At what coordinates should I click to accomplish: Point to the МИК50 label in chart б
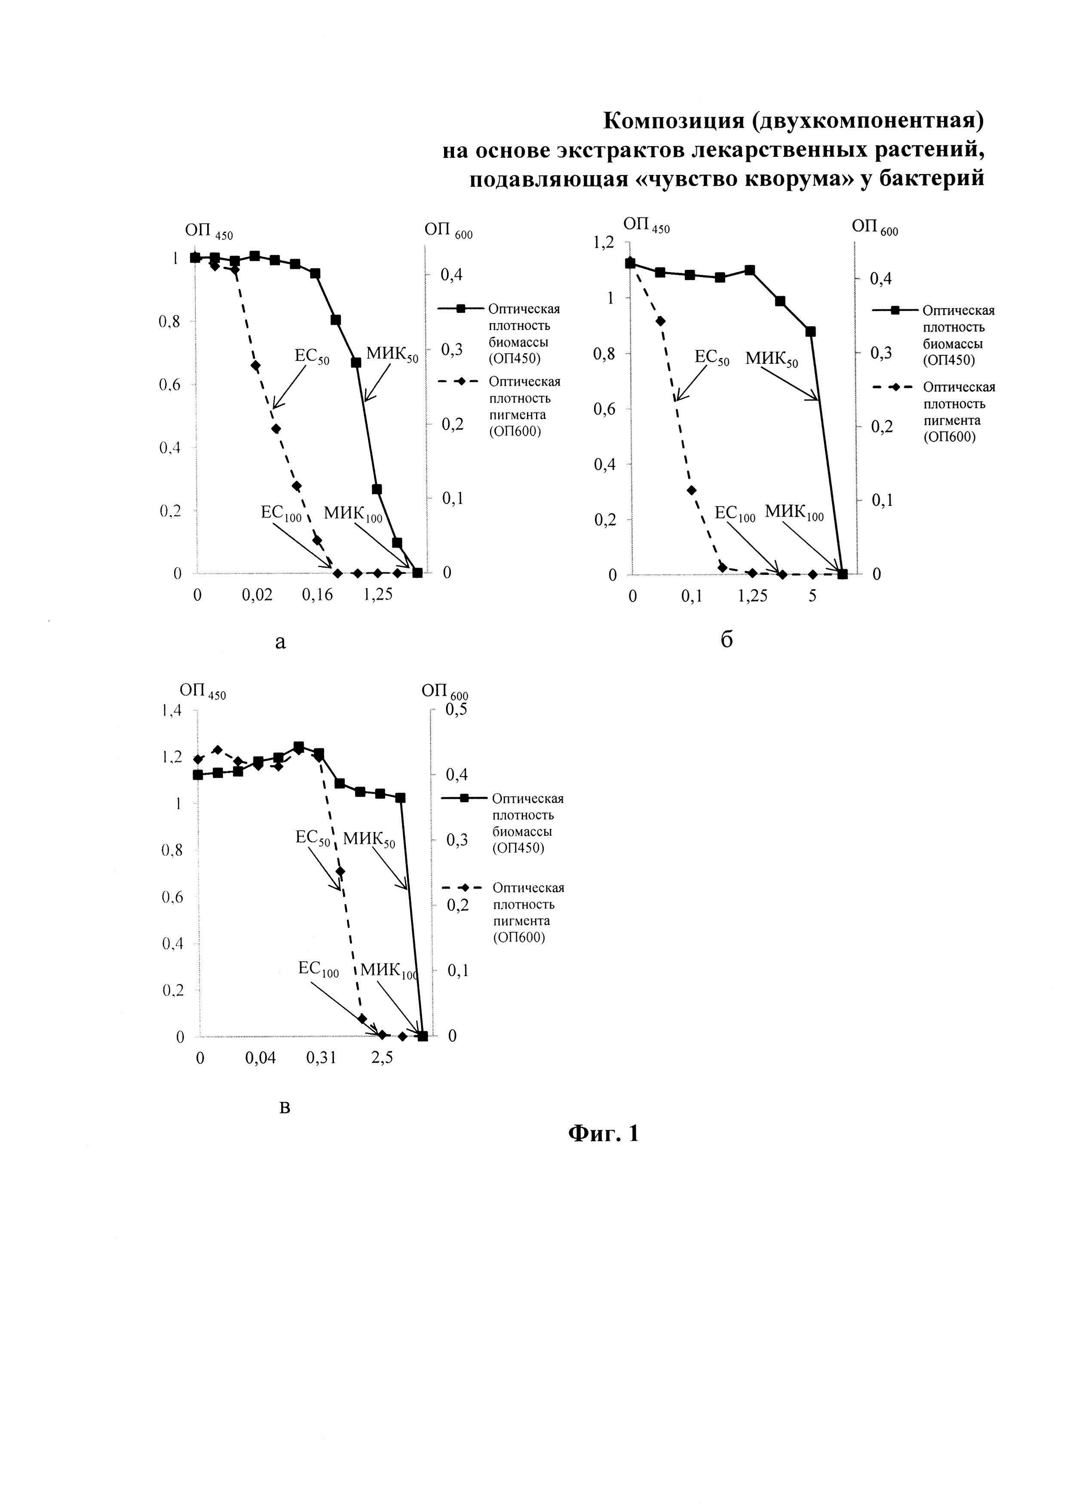tap(771, 360)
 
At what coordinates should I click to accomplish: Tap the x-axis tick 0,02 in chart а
tap(257, 595)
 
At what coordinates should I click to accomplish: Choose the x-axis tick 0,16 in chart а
tap(317, 595)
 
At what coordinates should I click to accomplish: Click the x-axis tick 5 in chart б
tap(813, 596)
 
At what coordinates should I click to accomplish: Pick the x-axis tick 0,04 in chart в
tap(260, 1058)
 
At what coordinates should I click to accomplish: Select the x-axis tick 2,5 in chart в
tap(383, 1058)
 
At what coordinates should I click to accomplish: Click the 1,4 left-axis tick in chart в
tap(172, 710)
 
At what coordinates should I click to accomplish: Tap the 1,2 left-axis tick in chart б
tap(603, 242)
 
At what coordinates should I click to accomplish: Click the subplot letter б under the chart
tap(726, 640)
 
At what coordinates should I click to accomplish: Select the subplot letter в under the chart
tap(285, 1108)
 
